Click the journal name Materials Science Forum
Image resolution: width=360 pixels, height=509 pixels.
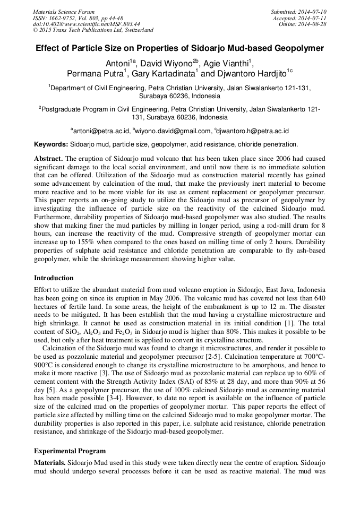pyautogui.click(x=64, y=12)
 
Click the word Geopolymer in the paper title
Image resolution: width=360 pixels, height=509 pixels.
pyautogui.click(x=298, y=48)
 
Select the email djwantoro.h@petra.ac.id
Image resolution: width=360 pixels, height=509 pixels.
pyautogui.click(x=252, y=130)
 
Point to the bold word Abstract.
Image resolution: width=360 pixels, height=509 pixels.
pyautogui.click(x=48, y=159)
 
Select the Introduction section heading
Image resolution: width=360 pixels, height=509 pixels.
pyautogui.click(x=54, y=278)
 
